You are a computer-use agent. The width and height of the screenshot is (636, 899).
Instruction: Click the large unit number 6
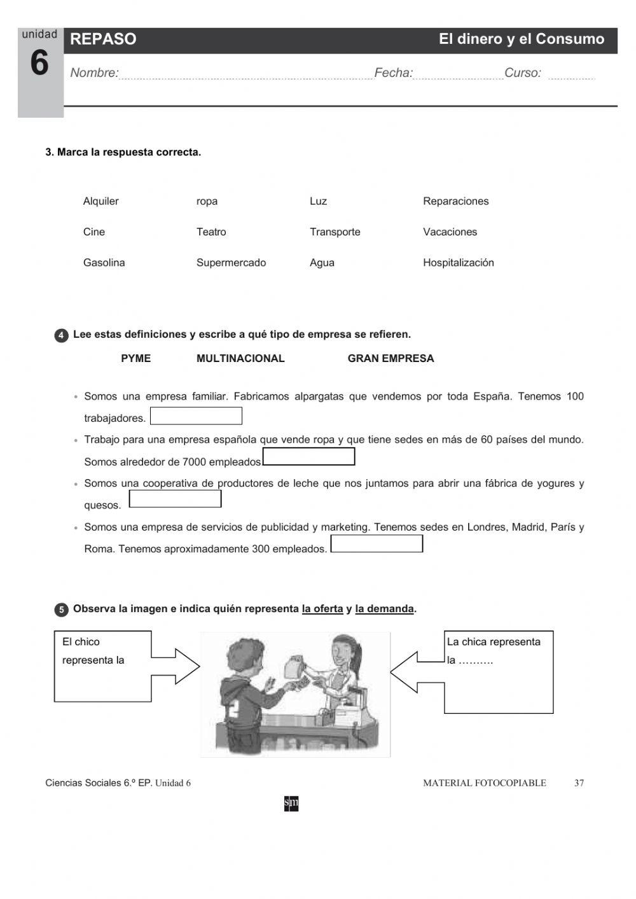coord(39,64)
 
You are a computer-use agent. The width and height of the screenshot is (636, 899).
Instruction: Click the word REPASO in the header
coord(103,39)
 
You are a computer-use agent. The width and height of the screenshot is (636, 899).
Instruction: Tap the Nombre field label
coord(94,73)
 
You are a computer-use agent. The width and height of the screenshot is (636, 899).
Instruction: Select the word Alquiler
coord(100,201)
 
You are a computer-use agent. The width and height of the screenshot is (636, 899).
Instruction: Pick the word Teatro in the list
coord(211,232)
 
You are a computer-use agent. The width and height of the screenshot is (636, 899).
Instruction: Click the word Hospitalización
coord(458,263)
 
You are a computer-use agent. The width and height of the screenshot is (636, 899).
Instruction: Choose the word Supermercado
coord(231,263)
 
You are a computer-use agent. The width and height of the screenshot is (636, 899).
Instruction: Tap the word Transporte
coord(335,232)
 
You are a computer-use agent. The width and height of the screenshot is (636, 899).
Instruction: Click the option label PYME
coord(135,359)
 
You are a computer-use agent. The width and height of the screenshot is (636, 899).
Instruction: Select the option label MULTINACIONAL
coord(240,359)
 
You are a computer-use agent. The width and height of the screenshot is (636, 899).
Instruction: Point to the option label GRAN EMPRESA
coord(391,359)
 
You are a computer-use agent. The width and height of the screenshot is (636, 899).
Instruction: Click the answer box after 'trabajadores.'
coord(196,416)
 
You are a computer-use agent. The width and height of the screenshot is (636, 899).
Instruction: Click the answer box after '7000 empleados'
coord(308,457)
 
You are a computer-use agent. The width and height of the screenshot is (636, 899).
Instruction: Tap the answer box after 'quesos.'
coord(175,499)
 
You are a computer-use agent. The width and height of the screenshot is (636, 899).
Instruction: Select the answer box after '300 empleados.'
coord(377,543)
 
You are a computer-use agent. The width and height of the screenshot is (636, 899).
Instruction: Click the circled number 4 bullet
coord(61,336)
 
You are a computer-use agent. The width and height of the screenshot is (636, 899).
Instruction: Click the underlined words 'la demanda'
coord(384,609)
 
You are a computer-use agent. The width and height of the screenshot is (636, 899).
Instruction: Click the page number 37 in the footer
coord(579,783)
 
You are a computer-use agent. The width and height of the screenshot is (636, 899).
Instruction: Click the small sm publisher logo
coord(291,804)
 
